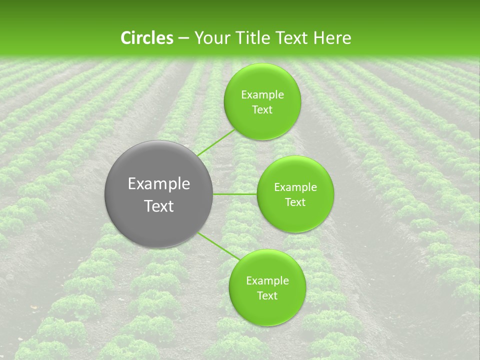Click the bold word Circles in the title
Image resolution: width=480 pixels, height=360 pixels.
[x=146, y=38]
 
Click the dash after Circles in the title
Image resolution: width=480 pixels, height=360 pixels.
[x=183, y=38]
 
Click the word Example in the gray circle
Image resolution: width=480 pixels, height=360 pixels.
[x=159, y=184]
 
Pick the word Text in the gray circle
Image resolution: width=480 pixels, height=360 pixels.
[x=159, y=206]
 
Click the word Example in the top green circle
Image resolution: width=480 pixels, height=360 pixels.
[x=262, y=95]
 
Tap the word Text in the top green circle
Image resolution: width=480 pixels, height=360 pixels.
[x=262, y=110]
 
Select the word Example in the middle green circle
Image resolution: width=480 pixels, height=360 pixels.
[x=295, y=187]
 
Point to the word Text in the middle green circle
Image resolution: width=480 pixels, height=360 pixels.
[x=295, y=202]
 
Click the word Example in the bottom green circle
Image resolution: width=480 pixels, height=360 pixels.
[x=267, y=281]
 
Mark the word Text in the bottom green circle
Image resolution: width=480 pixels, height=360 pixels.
[x=267, y=296]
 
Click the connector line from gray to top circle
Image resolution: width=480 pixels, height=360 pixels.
[x=216, y=142]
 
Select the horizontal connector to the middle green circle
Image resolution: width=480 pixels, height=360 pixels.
[x=235, y=194]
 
